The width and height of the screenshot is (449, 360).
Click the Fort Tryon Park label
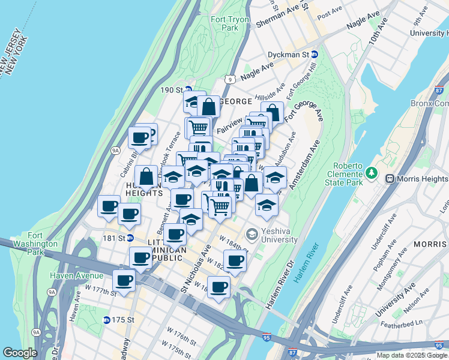[225, 23]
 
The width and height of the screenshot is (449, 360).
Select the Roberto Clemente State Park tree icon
[372, 173]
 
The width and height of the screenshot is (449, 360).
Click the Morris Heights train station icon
[390, 179]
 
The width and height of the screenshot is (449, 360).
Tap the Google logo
[20, 353]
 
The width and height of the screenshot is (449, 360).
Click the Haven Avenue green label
[76, 275]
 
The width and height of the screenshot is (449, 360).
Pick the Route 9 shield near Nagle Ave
[230, 79]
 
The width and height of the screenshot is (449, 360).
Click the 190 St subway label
[172, 90]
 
